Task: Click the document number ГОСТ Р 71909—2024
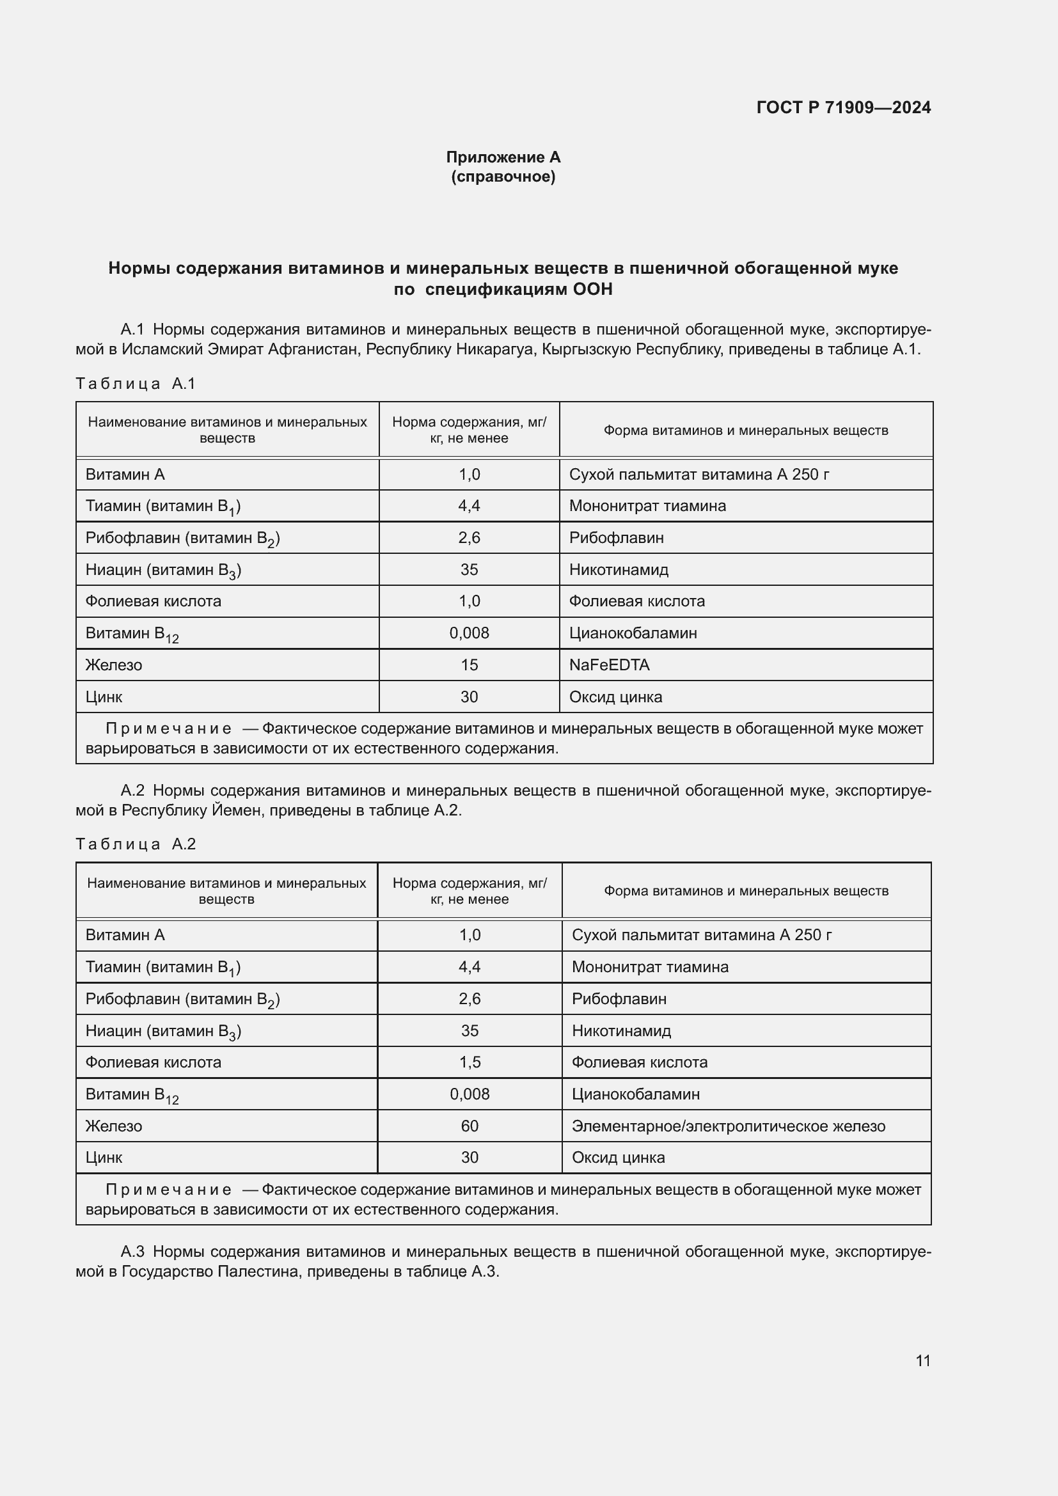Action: point(843,107)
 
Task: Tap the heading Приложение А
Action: point(503,157)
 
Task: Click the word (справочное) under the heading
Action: point(503,177)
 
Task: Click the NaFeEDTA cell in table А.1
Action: point(609,665)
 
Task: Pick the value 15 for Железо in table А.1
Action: point(469,665)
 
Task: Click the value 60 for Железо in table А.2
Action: point(469,1126)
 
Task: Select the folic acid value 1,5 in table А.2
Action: point(469,1062)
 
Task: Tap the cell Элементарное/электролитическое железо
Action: point(729,1126)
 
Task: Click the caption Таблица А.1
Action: point(136,384)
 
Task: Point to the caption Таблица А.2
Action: point(136,844)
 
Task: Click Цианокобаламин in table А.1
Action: point(633,633)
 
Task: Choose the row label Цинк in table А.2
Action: point(104,1157)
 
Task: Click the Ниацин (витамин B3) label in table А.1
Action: point(163,570)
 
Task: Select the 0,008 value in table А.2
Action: point(469,1094)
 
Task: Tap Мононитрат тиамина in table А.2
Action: point(649,967)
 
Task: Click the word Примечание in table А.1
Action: point(168,728)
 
